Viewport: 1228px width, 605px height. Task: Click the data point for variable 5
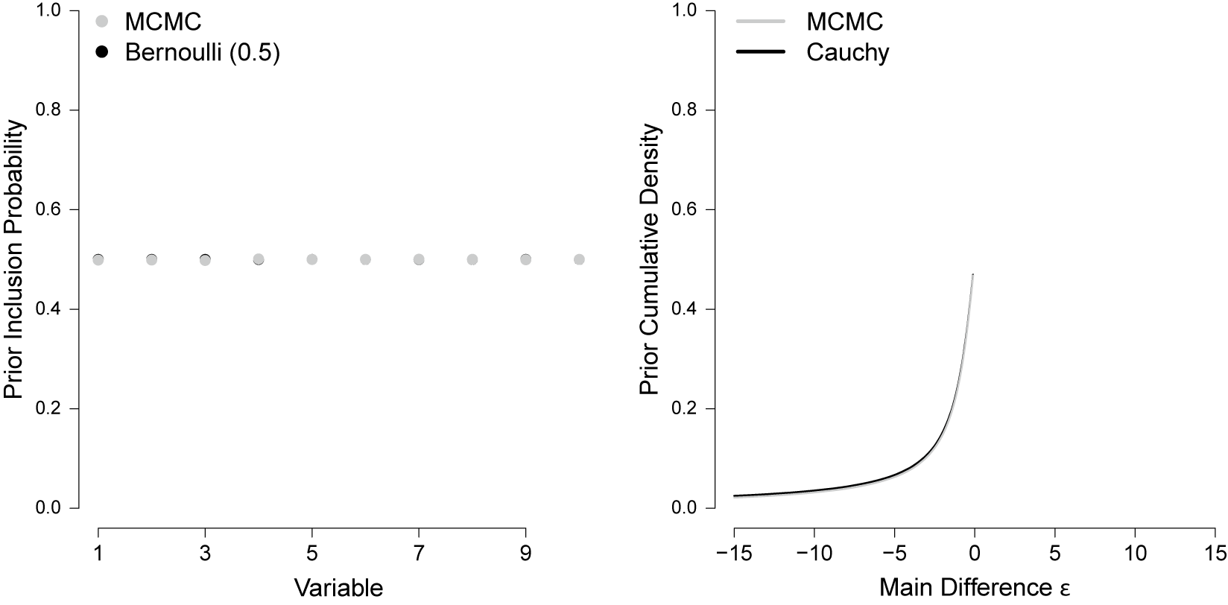[x=312, y=259]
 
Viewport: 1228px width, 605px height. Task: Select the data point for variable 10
[x=579, y=259]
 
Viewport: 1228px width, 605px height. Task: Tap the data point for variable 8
[x=472, y=259]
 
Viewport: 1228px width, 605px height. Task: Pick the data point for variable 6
[x=365, y=259]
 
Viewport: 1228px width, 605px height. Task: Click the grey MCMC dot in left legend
[x=103, y=22]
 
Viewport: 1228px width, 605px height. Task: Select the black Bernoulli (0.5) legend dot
[x=103, y=53]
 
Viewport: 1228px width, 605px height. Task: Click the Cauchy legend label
[x=847, y=53]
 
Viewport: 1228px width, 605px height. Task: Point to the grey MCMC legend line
[x=762, y=22]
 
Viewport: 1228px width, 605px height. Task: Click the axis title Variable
[x=338, y=588]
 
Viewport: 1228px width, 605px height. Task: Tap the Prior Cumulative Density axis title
[x=650, y=259]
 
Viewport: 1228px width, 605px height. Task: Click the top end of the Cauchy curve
[x=973, y=275]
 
